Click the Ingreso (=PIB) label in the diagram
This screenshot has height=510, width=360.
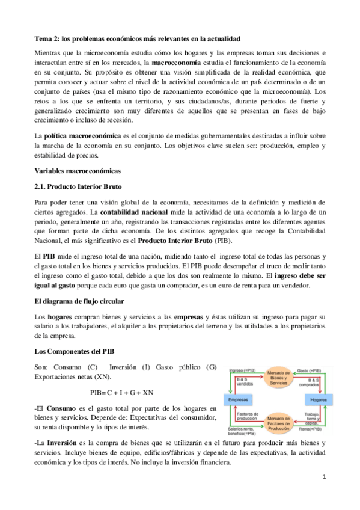(236, 370)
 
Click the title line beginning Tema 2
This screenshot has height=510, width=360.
(137, 38)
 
